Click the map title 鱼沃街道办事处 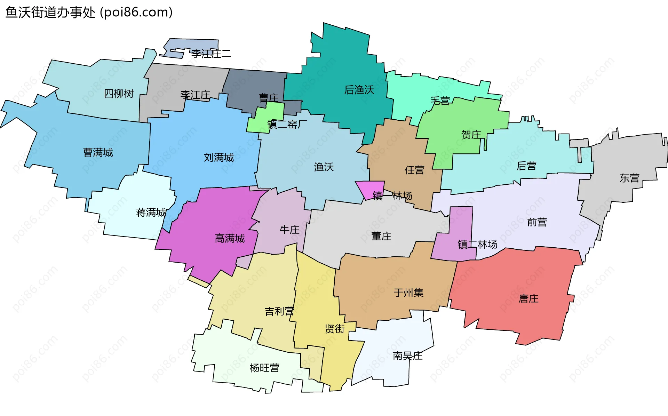point(50,13)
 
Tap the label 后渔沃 point(359,90)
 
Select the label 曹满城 point(98,153)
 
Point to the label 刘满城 point(219,158)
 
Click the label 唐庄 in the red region point(528,298)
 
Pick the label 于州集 point(408,293)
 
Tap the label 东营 point(629,178)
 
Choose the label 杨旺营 point(264,368)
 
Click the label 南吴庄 point(407,356)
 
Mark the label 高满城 point(230,239)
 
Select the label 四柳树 point(119,94)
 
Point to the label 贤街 point(335,329)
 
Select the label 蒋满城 point(151,212)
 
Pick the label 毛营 point(440,101)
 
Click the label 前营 point(537,222)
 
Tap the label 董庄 point(381,237)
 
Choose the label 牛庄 point(289,230)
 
